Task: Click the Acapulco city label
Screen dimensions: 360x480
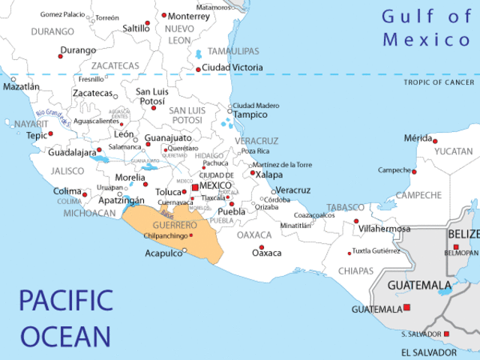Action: pos(163,253)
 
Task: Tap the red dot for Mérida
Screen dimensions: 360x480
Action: pos(435,141)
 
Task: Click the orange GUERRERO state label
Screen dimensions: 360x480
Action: pos(174,225)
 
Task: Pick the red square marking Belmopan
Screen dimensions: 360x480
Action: pos(456,247)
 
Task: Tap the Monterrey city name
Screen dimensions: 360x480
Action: pos(189,16)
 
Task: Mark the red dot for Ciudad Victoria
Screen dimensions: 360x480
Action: pos(198,70)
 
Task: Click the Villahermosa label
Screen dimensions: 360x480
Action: pos(385,229)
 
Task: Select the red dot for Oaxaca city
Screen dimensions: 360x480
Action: pos(261,247)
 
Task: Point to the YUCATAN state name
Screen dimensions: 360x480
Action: pos(454,151)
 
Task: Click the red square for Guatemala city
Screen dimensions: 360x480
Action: pos(407,307)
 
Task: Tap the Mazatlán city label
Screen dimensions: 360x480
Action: pos(21,87)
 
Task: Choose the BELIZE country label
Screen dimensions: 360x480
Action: pos(463,235)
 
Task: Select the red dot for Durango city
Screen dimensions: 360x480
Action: pos(61,56)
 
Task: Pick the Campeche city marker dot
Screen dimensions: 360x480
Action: pos(414,172)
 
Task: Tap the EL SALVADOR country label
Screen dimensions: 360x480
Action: pos(428,352)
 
